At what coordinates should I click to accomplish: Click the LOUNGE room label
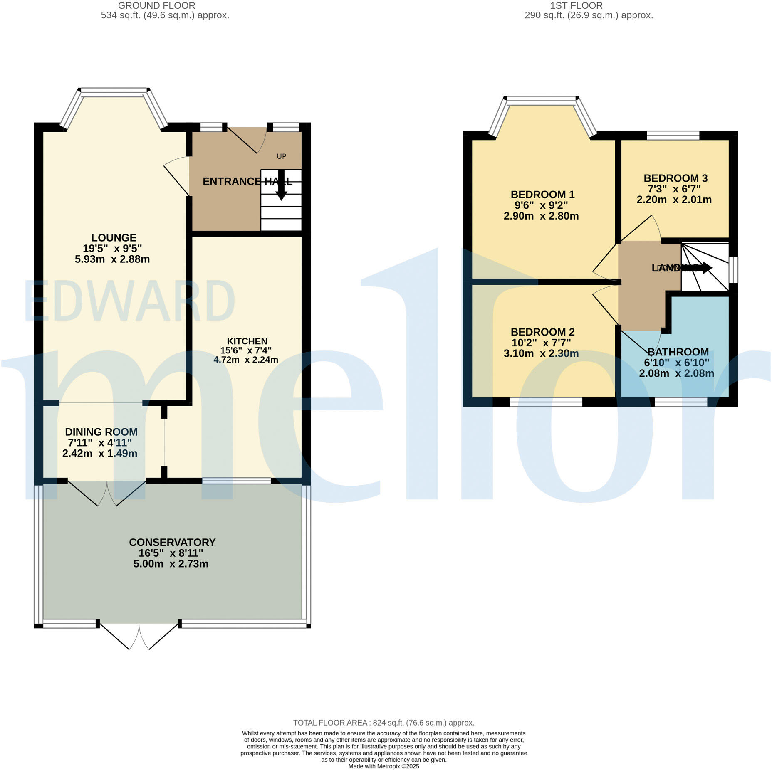coord(114,238)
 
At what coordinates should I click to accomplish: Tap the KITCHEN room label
coord(247,341)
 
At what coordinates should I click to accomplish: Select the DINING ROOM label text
coord(101,432)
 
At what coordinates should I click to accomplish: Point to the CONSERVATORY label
coord(172,542)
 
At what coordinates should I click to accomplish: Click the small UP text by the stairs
coord(282,156)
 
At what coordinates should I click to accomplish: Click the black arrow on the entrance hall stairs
coord(282,187)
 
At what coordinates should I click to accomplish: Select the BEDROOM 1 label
coord(542,194)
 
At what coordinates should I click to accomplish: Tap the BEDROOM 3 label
coord(675,178)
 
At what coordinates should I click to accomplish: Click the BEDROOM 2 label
coord(542,332)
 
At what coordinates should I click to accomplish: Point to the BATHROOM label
coord(678,352)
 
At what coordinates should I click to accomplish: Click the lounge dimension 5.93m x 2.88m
coord(112,259)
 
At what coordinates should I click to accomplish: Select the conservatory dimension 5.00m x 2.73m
coord(171,564)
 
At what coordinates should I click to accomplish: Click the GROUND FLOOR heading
coord(156,6)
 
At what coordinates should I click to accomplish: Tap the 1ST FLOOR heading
coord(576,6)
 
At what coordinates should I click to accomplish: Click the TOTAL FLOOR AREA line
coord(384,723)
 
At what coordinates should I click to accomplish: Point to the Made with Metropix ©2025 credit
coord(384,766)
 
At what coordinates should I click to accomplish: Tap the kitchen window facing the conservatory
coord(236,481)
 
